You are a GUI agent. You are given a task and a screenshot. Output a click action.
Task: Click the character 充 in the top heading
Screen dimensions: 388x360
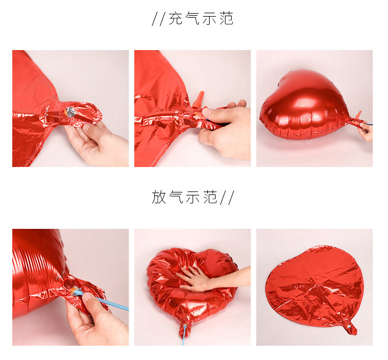(176, 19)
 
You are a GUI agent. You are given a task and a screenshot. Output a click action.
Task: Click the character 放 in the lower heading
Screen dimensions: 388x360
(159, 197)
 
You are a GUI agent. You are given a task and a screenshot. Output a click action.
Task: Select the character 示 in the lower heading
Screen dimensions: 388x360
(193, 197)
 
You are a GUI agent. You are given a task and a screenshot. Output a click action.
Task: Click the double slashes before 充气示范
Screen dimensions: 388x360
(158, 19)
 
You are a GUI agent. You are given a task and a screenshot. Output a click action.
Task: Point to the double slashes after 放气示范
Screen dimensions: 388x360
(227, 197)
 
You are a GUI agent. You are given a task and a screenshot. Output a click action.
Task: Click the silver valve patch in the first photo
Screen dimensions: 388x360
(70, 112)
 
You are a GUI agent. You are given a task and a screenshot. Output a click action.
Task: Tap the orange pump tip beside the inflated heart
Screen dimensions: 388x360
(358, 116)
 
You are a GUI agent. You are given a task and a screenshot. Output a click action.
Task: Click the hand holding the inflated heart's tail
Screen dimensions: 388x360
(366, 131)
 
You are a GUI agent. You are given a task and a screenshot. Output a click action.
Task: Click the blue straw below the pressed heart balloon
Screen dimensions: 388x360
(184, 335)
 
